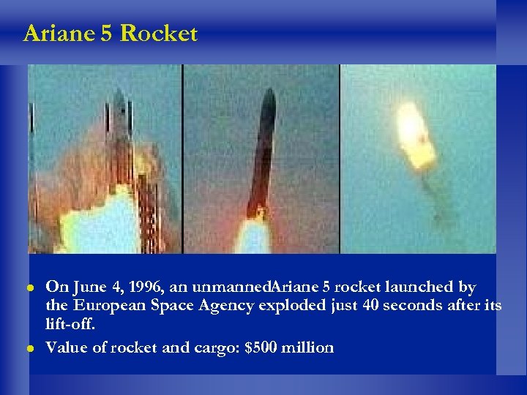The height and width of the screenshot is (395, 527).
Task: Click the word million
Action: click(309, 347)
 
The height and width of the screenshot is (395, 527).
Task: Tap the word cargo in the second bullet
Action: click(212, 347)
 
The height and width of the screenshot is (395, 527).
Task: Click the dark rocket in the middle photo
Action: click(261, 154)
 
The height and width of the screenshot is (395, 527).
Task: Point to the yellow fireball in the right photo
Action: click(414, 135)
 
